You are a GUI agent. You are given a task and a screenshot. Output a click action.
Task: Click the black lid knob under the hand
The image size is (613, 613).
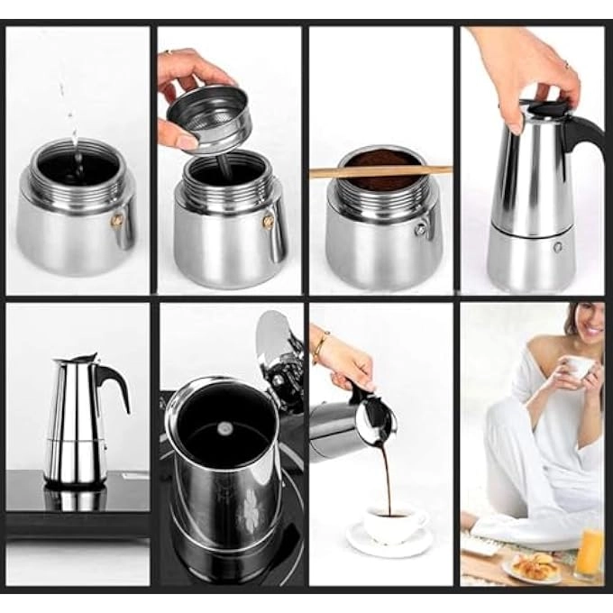pyautogui.click(x=546, y=109)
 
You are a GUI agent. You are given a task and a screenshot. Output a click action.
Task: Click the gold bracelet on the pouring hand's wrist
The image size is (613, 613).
pyautogui.click(x=321, y=346)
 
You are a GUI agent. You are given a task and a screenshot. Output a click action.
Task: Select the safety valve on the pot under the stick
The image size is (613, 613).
pyautogui.click(x=420, y=230)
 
